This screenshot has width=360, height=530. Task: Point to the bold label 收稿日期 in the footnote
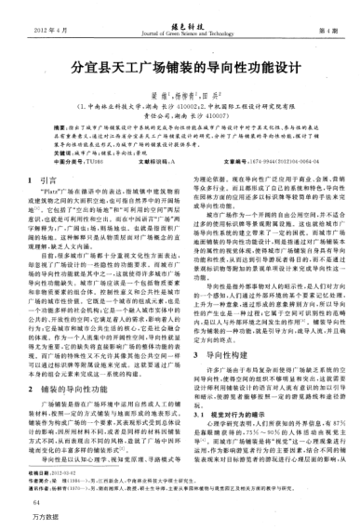pyautogui.click(x=39, y=473)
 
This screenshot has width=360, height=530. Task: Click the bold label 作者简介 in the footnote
pyautogui.click(x=39, y=482)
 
